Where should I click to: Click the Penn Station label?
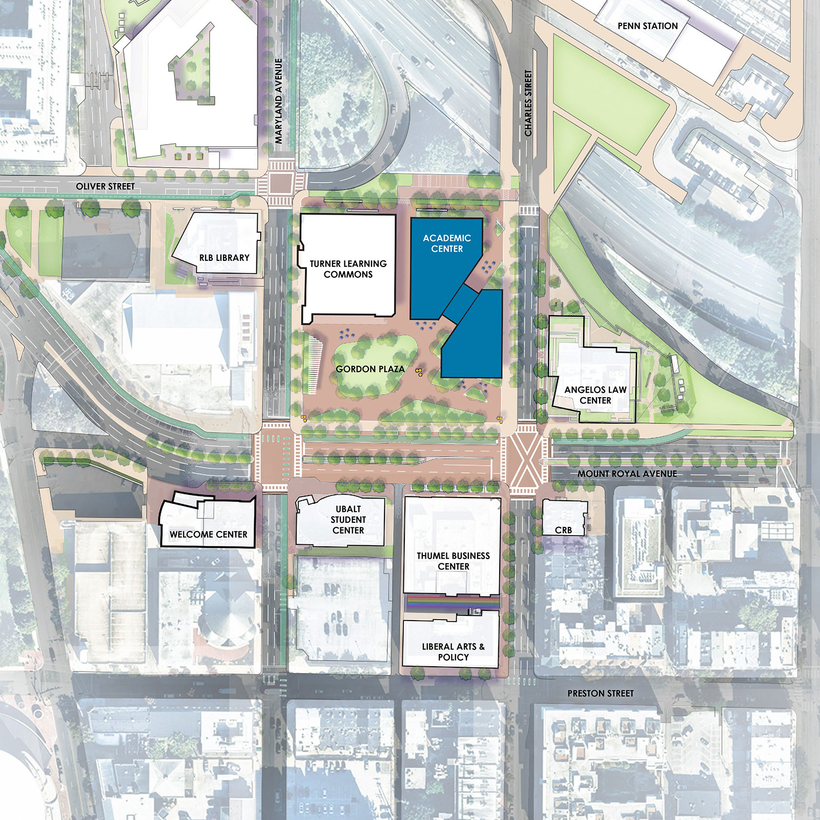coord(647,26)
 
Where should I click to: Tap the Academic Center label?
coord(447,243)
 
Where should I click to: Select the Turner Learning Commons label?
coord(348,269)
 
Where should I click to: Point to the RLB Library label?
coord(224,258)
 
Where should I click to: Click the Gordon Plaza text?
coord(370,369)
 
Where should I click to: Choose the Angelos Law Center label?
coord(595,395)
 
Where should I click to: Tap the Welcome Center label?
coord(208,535)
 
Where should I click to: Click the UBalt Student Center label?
coord(348,520)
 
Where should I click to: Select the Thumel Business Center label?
coord(453,561)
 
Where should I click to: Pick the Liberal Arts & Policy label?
coord(453,652)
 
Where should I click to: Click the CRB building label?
coord(563,530)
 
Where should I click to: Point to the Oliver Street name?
coord(105,187)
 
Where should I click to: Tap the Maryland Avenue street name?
coord(279,101)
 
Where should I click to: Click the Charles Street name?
coord(528,102)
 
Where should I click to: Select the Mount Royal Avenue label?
coord(627,474)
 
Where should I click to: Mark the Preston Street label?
coord(600,693)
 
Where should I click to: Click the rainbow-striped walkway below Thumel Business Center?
coord(453,603)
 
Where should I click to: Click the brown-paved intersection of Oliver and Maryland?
coord(280,182)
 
